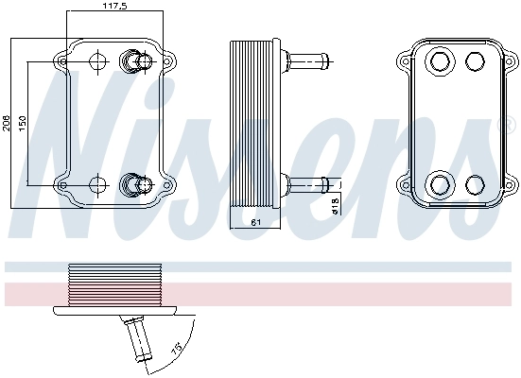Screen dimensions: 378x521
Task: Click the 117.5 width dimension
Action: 115,7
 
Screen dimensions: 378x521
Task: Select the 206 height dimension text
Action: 7,124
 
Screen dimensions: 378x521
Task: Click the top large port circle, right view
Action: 440,63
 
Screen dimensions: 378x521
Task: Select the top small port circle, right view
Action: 476,63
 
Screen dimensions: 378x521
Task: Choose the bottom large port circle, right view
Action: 440,183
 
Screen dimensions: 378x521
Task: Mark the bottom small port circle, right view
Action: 476,183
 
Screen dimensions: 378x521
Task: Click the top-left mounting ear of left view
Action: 62,61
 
